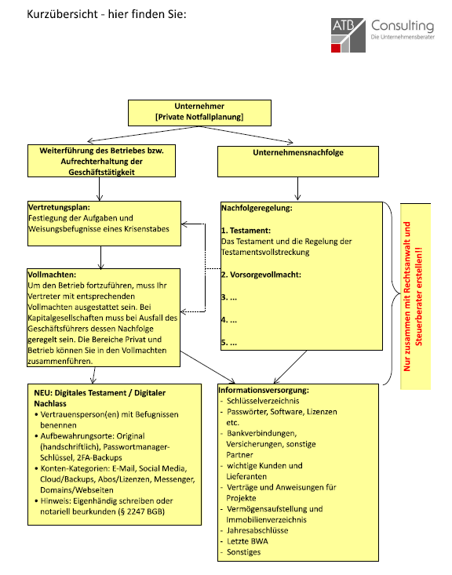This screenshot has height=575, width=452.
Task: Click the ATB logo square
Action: tap(348, 35)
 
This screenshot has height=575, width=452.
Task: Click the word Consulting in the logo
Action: tap(403, 26)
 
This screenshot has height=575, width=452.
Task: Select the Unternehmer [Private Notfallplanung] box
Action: tap(199, 113)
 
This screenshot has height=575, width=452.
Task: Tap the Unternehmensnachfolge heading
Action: tap(298, 152)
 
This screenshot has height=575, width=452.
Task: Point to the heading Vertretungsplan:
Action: tap(59, 207)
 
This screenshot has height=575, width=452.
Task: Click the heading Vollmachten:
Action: tap(52, 275)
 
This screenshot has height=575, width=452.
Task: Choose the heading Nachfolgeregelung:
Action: tap(257, 208)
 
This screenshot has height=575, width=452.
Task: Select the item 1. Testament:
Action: tap(246, 231)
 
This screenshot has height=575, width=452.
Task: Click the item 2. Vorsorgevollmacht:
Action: tap(261, 275)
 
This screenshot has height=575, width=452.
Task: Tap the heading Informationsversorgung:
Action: tap(264, 390)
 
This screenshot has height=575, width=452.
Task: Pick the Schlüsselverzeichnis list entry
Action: tap(263, 401)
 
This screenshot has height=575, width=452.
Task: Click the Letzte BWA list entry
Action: tap(247, 541)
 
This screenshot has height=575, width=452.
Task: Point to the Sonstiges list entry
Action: tap(243, 552)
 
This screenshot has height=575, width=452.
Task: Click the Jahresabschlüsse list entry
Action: tap(257, 530)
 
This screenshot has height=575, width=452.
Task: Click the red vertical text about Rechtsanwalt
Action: tap(413, 297)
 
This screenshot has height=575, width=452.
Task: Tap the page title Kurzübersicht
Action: tap(62, 14)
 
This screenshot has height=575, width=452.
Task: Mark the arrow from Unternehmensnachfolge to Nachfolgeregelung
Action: tap(297, 188)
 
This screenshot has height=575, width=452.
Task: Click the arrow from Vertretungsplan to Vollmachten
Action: tap(101, 257)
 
